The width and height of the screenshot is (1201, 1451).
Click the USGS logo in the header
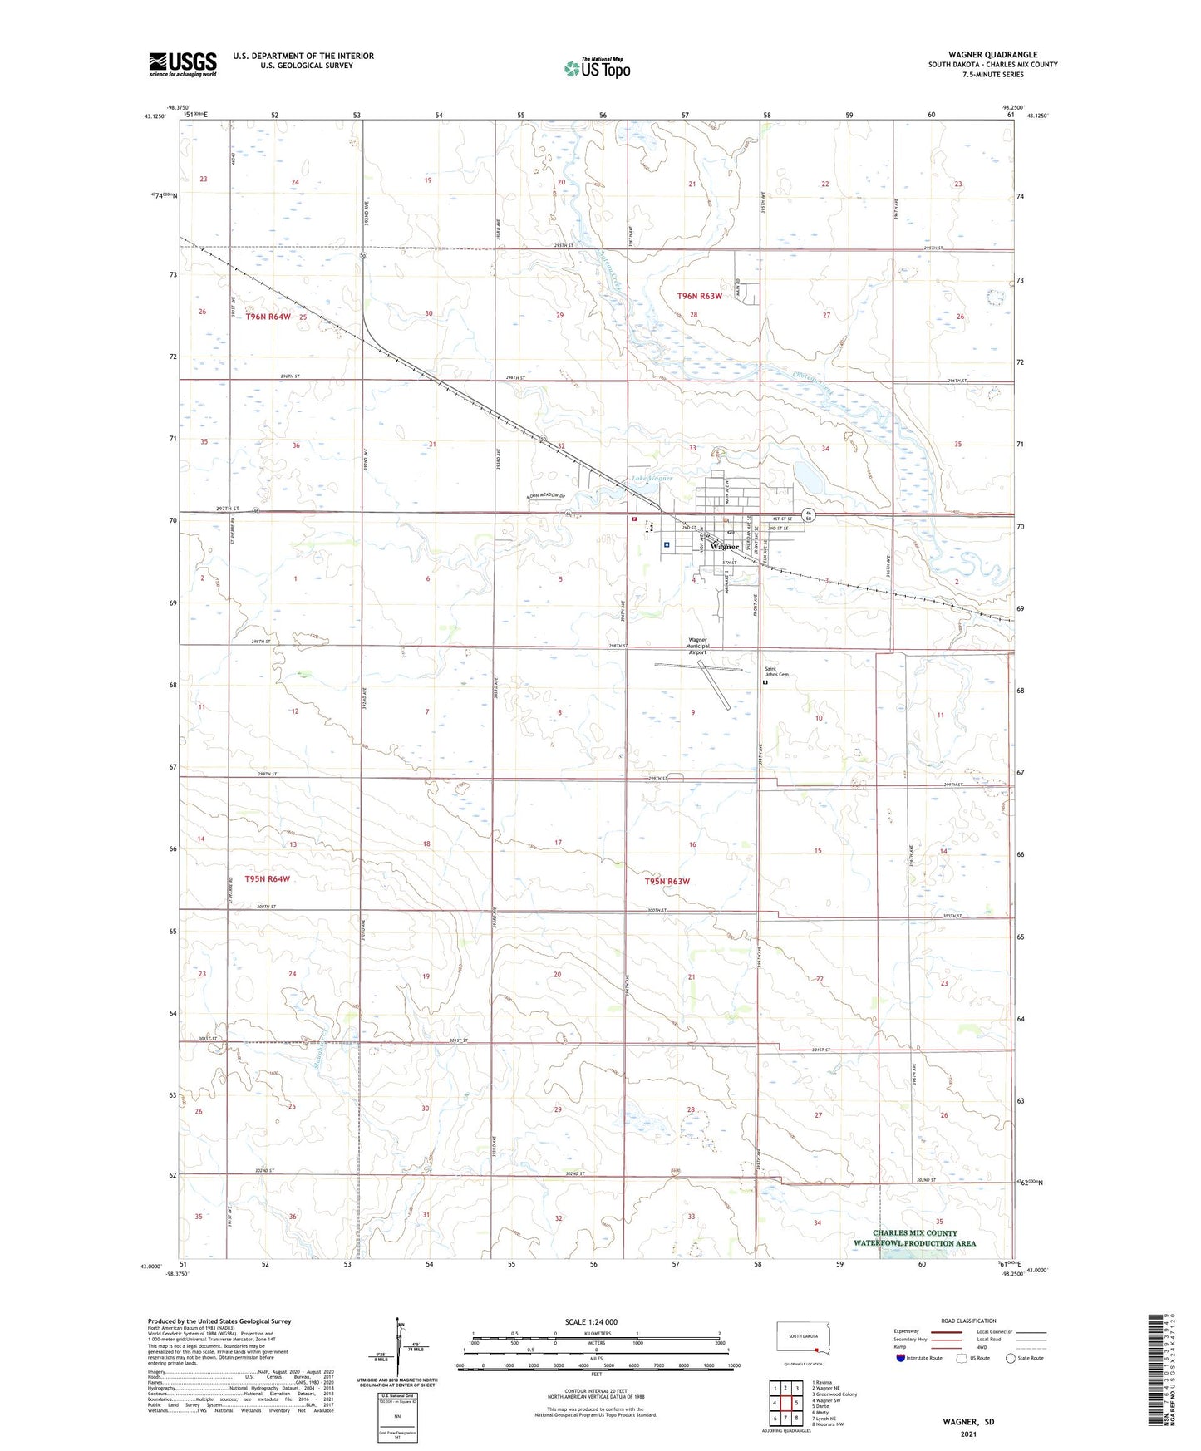click(x=182, y=64)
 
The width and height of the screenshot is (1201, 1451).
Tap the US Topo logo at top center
click(x=597, y=68)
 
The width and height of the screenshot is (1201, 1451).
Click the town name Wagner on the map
click(x=725, y=547)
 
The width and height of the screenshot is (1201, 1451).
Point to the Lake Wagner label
click(x=652, y=479)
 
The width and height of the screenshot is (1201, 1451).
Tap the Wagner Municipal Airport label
click(x=696, y=647)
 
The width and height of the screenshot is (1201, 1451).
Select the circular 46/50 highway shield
click(x=810, y=515)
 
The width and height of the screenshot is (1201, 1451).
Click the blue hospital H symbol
click(x=667, y=544)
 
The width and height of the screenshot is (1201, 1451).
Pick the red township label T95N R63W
click(x=667, y=881)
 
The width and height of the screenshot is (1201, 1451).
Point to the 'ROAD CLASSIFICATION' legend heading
click(x=967, y=1321)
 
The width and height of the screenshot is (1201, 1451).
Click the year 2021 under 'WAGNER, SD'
click(x=967, y=1434)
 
